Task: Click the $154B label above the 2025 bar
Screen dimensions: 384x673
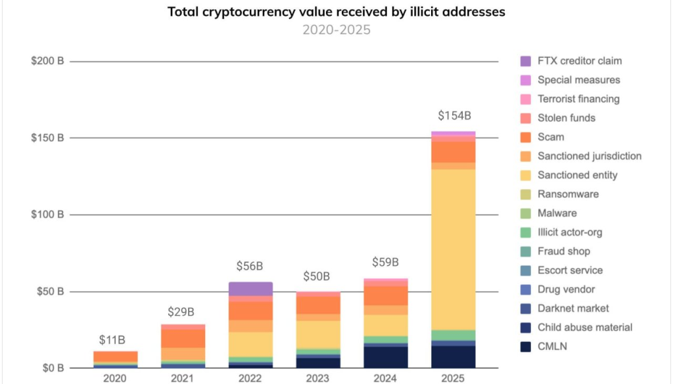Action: pos(454,116)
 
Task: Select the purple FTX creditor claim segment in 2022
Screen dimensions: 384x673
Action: pos(250,289)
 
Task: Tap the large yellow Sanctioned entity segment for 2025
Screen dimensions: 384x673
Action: pos(453,249)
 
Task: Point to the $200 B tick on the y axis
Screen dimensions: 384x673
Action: pos(47,62)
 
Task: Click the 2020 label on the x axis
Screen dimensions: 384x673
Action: pos(115,379)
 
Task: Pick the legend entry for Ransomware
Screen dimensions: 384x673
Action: pos(568,194)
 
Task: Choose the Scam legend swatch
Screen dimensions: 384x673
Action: pos(526,137)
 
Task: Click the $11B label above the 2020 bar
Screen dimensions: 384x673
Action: pos(112,340)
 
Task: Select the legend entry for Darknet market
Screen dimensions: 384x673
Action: pos(573,309)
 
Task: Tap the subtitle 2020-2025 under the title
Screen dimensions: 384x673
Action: pos(336,30)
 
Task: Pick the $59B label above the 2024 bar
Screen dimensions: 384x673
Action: pos(385,263)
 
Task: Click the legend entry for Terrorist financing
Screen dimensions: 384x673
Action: pos(578,99)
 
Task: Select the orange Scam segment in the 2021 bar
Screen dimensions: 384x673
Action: pos(183,337)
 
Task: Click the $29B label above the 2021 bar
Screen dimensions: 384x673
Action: pos(183,312)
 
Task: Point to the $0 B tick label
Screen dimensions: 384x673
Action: pos(51,368)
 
